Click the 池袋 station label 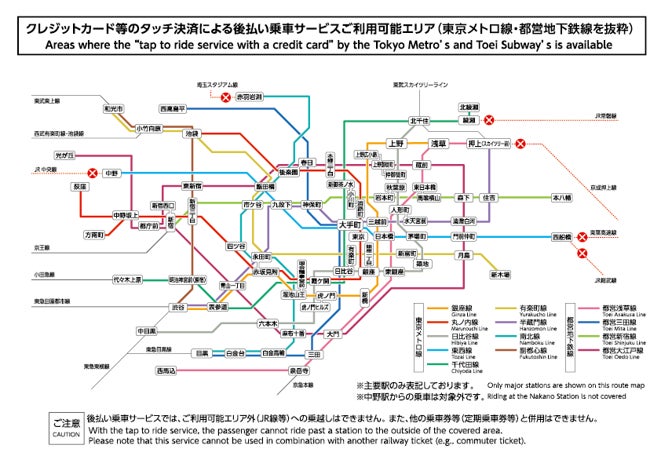pos(192,133)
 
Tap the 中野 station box pos(112,173)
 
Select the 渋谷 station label pos(178,307)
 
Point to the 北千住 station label pos(419,120)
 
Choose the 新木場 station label pos(500,274)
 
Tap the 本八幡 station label pos(562,198)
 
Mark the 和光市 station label pos(112,108)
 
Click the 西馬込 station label pos(166,371)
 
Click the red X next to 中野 pos(93,173)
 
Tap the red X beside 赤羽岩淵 pos(227,97)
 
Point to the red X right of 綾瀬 pos(489,120)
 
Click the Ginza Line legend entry pos(461,309)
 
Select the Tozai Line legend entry pos(461,351)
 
